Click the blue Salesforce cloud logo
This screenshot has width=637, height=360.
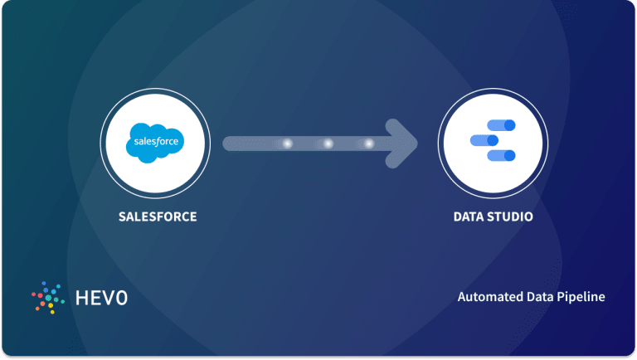155,143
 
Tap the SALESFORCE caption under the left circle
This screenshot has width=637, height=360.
158,216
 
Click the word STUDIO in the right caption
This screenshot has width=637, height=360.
511,216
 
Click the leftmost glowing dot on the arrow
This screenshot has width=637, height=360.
288,144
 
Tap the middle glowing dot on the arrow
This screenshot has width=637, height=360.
328,144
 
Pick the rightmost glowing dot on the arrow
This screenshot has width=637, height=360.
369,144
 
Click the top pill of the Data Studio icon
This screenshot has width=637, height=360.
501,125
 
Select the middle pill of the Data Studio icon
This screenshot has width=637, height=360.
484,140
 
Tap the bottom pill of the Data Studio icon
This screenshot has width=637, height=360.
501,155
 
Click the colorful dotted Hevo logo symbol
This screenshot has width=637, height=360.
48,298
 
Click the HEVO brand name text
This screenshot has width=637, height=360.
101,298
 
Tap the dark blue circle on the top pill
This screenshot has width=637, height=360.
510,125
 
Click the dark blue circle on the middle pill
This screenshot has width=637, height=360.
493,140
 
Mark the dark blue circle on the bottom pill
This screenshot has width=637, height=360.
510,155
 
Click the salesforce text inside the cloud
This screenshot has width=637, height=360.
156,141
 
